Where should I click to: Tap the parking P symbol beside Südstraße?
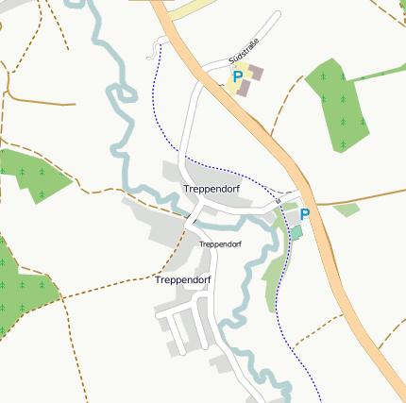(238, 76)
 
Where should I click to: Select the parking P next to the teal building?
(305, 214)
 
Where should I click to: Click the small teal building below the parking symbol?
(296, 231)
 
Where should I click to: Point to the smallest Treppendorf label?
(220, 243)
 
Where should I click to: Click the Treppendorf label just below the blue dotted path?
(211, 189)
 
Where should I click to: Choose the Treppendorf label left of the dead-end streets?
(182, 280)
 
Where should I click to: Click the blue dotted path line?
(154, 94)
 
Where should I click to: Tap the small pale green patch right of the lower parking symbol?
(346, 210)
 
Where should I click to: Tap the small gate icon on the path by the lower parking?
(278, 200)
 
